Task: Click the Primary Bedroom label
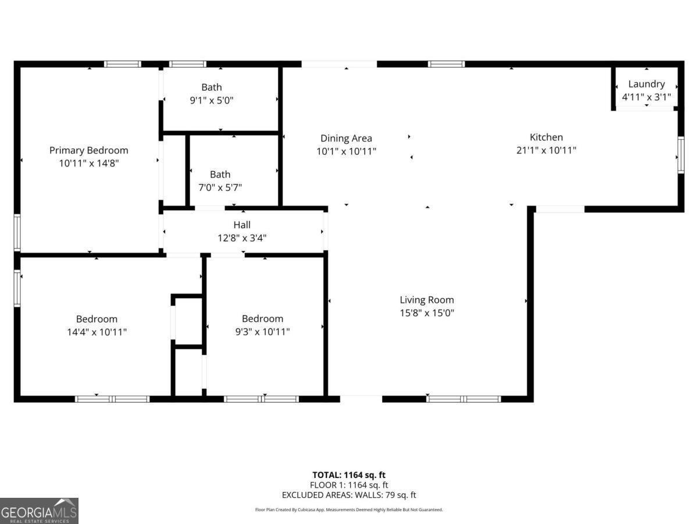click(x=88, y=150)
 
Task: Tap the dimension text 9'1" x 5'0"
click(x=212, y=100)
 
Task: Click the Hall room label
click(x=242, y=225)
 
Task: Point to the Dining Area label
click(x=346, y=138)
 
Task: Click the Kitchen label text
click(x=546, y=137)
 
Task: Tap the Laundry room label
click(x=646, y=84)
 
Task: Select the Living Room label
click(x=427, y=300)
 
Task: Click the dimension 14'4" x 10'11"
click(x=97, y=332)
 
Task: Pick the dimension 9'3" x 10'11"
click(x=262, y=332)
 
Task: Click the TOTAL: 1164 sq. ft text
click(x=349, y=475)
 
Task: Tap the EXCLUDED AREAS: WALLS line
click(x=349, y=495)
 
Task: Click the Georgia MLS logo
click(x=39, y=511)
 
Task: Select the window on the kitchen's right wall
click(x=681, y=155)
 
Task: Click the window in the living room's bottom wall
click(x=464, y=399)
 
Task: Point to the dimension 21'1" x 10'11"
click(x=546, y=150)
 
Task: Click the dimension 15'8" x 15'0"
click(x=427, y=313)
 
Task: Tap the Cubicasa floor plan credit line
click(x=349, y=509)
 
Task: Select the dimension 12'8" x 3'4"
click(x=242, y=238)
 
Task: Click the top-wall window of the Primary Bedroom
click(x=122, y=64)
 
